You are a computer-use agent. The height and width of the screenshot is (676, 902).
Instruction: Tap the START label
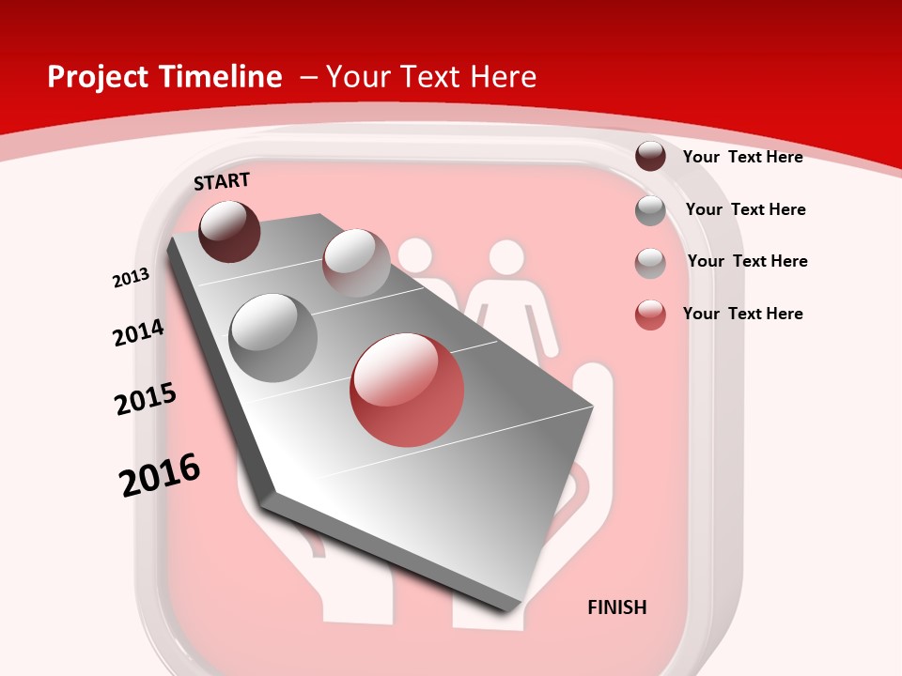coord(222,181)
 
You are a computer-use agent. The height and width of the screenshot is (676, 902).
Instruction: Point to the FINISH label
coord(617,607)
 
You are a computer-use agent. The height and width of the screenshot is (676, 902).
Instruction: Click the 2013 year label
coord(131,278)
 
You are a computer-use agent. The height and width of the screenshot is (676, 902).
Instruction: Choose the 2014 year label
coord(138,332)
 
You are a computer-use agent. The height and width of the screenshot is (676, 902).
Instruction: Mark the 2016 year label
coord(160,474)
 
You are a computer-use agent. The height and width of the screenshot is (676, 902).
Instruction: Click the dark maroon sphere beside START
coord(229,231)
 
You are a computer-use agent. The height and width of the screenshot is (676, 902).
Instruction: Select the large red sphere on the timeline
coord(407,390)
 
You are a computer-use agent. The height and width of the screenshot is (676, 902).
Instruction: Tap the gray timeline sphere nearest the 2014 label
coord(273,338)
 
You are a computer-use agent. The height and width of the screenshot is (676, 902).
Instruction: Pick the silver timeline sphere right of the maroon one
coord(356,262)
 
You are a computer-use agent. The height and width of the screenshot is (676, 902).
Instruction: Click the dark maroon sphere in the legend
coord(650,156)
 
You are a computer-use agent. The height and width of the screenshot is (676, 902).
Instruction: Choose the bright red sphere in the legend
coord(650,315)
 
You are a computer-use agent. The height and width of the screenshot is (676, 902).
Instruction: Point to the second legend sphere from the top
coord(650,210)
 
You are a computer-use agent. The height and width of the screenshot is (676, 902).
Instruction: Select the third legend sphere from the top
coord(650,263)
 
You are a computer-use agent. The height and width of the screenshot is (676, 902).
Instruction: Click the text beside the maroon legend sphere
coord(742,157)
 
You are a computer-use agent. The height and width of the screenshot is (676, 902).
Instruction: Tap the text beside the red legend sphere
coord(742,314)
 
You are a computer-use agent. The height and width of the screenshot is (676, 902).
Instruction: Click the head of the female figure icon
coord(506,257)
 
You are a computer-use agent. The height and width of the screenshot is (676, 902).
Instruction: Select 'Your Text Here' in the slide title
coord(431,77)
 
